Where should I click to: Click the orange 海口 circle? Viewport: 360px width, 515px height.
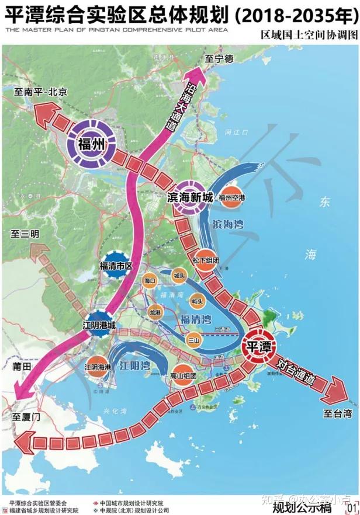coord(150,281)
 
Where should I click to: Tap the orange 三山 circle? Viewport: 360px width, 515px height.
coord(193,339)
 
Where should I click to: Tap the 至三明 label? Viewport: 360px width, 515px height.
coord(25,234)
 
